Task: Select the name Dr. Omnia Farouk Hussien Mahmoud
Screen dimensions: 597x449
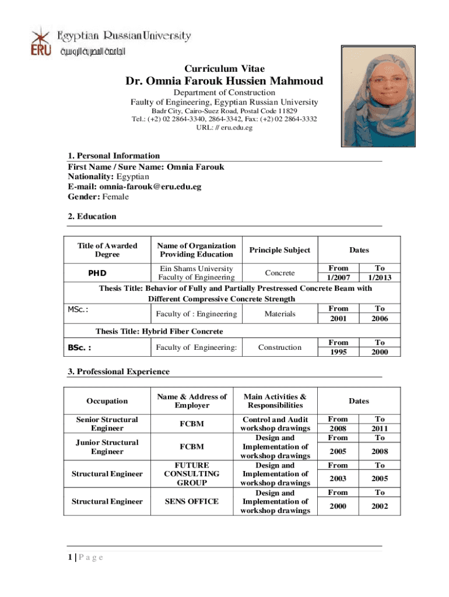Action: tap(224, 81)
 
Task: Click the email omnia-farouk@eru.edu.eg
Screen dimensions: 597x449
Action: tap(150, 187)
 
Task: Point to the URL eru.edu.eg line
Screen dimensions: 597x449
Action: tap(224, 128)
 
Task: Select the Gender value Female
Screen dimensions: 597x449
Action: tap(115, 196)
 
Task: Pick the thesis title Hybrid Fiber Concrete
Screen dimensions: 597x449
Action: tap(159, 331)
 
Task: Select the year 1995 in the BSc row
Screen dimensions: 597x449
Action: tap(338, 352)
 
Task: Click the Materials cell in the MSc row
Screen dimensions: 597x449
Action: tap(279, 314)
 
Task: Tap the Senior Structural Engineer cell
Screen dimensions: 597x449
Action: tap(107, 424)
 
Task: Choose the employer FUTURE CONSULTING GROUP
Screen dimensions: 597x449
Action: tap(192, 474)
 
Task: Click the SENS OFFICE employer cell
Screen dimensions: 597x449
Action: tap(192, 501)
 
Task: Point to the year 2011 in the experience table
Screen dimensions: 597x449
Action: tap(380, 429)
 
